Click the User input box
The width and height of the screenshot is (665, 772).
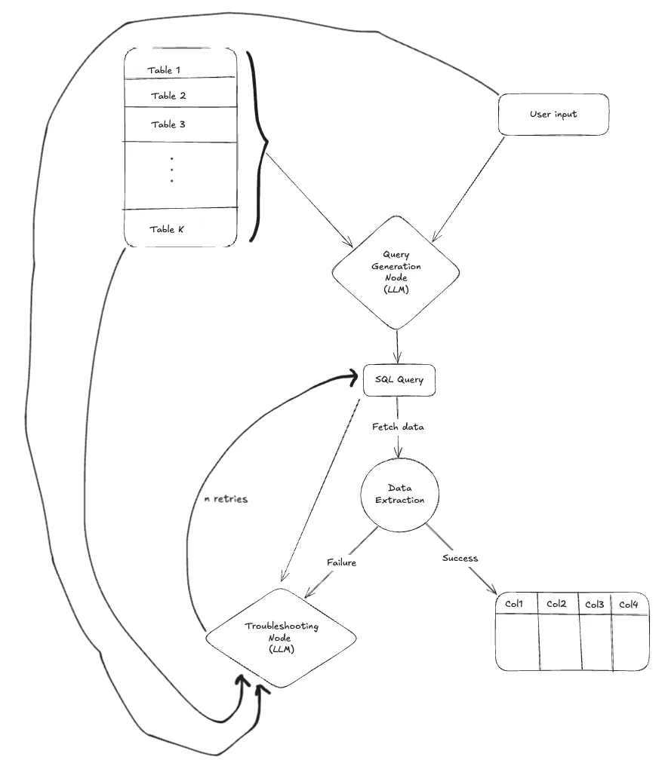click(x=553, y=115)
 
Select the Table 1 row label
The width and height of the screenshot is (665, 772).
click(x=164, y=70)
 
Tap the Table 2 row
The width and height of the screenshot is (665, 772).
click(x=168, y=96)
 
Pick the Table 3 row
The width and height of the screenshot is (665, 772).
click(x=168, y=124)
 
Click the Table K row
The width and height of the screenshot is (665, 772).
click(x=166, y=229)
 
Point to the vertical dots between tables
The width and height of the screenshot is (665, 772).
click(x=172, y=170)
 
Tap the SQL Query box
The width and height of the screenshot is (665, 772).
click(x=399, y=380)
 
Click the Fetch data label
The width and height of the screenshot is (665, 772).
click(x=398, y=427)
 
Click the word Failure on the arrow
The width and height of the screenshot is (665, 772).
click(x=341, y=562)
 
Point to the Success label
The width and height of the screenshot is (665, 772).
click(x=460, y=559)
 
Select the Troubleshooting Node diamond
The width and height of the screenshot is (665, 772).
click(x=281, y=638)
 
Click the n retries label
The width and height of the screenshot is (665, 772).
click(x=226, y=499)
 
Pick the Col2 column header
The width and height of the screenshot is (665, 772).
click(x=556, y=605)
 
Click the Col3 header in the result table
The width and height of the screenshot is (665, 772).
click(x=594, y=605)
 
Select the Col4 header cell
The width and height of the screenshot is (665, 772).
click(x=629, y=605)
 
